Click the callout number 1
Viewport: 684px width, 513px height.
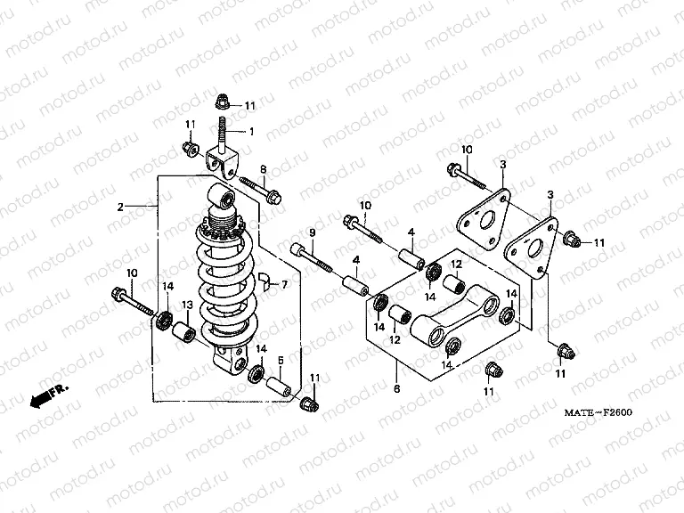(252, 132)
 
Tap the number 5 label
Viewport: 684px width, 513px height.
(280, 360)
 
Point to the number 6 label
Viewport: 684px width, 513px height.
(396, 389)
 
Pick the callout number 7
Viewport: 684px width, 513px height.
(285, 285)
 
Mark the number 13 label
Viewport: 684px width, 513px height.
(188, 305)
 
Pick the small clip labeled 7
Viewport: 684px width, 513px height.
(265, 284)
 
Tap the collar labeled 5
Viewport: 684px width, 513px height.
(278, 387)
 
